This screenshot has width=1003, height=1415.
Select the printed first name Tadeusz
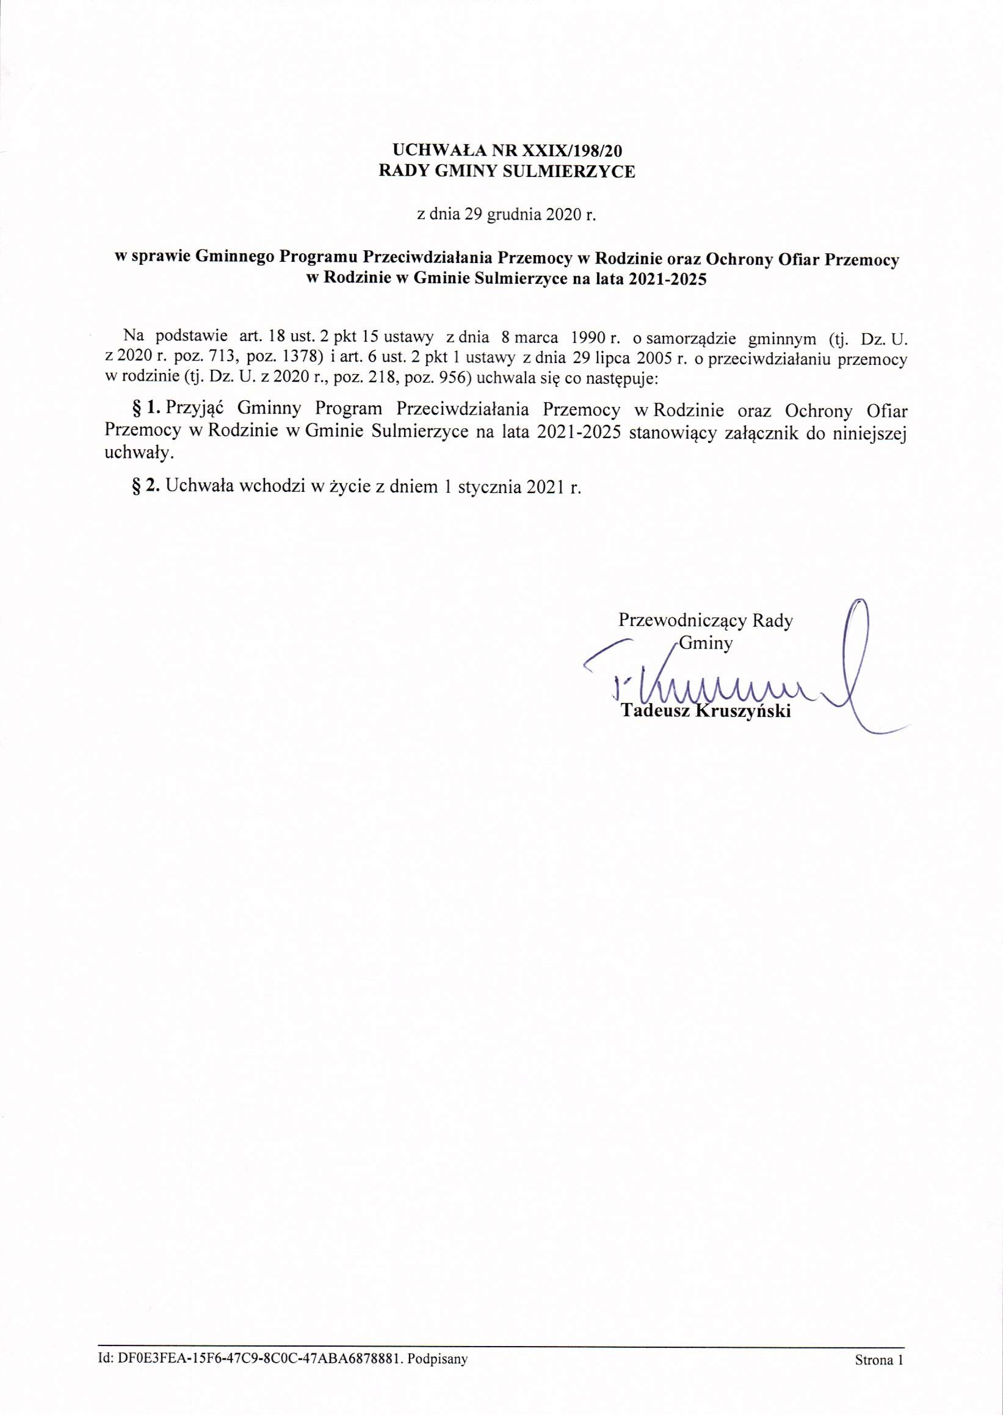point(655,711)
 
